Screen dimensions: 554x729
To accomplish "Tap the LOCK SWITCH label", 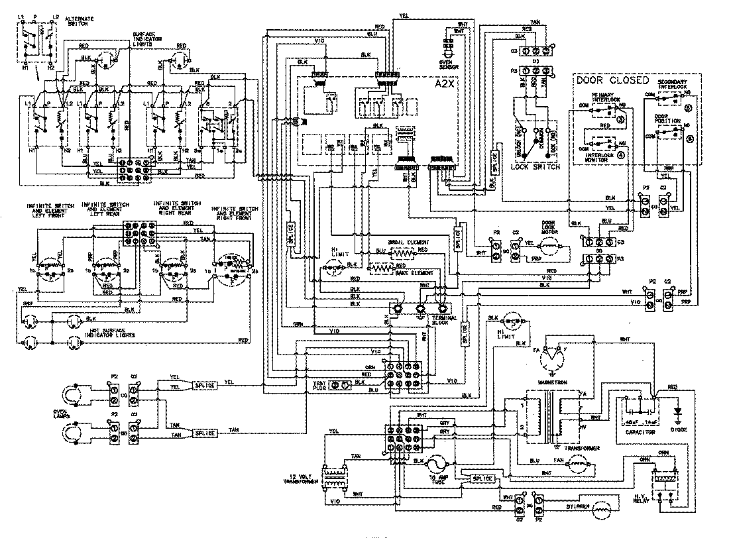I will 535,168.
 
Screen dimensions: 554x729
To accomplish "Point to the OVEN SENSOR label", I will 446,65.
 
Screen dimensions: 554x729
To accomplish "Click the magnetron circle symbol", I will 551,361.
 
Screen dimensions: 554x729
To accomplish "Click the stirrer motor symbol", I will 602,510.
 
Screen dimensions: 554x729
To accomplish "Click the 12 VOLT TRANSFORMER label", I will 297,480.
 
